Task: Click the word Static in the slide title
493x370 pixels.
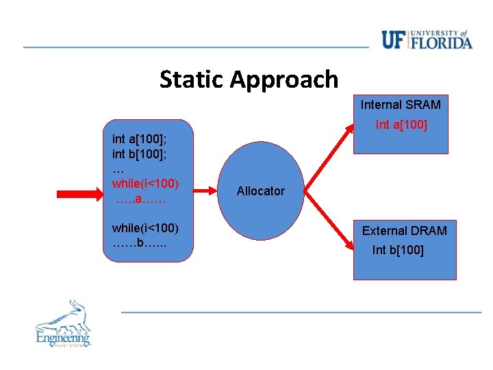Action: click(x=192, y=79)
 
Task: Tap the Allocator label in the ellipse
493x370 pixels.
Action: click(x=260, y=191)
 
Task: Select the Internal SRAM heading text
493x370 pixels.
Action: click(x=401, y=105)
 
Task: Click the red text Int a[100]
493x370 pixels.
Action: click(x=401, y=125)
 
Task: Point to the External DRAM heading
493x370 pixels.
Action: click(x=404, y=231)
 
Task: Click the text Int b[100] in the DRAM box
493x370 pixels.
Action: click(x=398, y=250)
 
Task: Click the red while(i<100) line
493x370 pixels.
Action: click(x=145, y=184)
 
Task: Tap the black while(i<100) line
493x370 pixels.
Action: click(x=145, y=227)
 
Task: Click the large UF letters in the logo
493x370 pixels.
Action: click(x=394, y=40)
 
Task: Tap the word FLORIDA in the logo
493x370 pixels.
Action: click(x=442, y=44)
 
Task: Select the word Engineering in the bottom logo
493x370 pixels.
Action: click(x=63, y=337)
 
